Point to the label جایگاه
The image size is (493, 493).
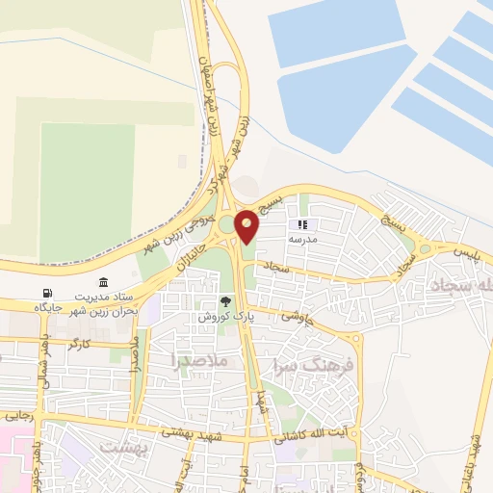coord(48,307)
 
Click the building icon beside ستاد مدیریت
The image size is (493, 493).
coord(103,281)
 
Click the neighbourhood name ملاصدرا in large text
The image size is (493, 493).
coord(199,361)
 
